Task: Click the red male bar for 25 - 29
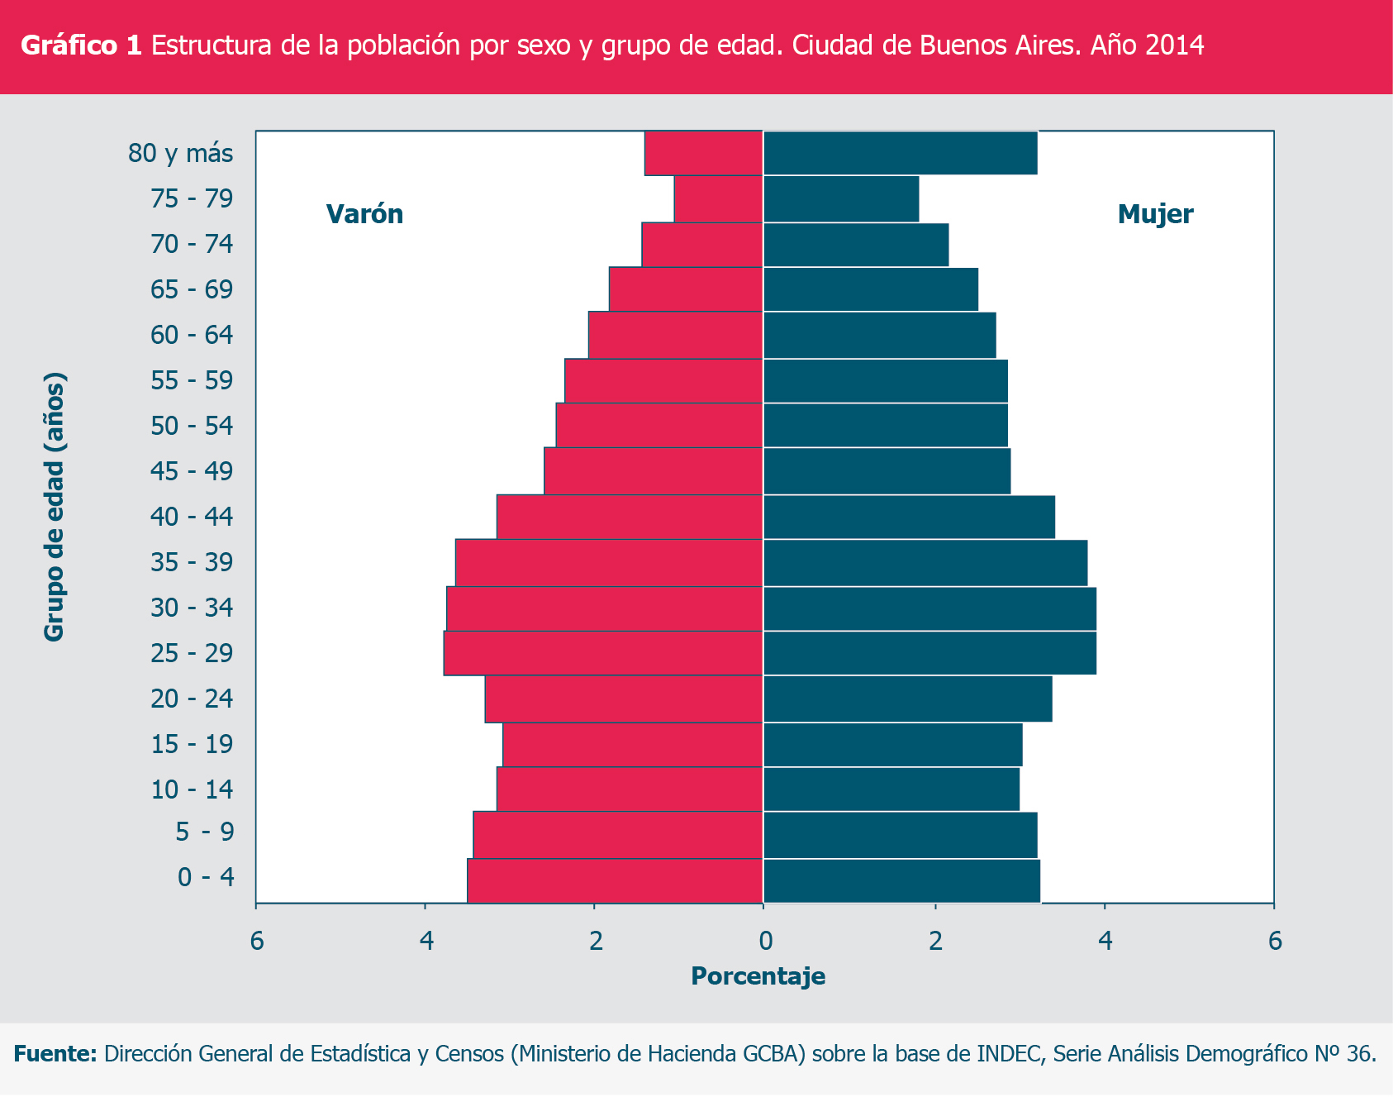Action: (603, 653)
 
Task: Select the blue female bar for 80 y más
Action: (900, 153)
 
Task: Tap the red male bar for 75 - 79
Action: (718, 199)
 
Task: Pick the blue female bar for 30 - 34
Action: (929, 608)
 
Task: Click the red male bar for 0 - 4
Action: (615, 880)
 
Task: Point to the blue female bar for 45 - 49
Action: (887, 471)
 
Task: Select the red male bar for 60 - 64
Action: (675, 335)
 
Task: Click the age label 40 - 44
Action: (192, 517)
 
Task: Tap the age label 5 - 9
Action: (204, 832)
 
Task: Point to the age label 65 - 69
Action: (192, 290)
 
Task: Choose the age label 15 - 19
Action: (192, 745)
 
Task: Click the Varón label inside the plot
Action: (364, 214)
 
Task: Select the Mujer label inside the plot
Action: (1154, 214)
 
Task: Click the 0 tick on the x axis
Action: (765, 941)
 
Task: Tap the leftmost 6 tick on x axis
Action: (257, 941)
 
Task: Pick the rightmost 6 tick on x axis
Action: (1275, 941)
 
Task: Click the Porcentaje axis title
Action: (758, 976)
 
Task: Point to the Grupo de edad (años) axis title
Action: (55, 507)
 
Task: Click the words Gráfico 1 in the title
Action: (81, 45)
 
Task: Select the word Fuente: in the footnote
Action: (55, 1054)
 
